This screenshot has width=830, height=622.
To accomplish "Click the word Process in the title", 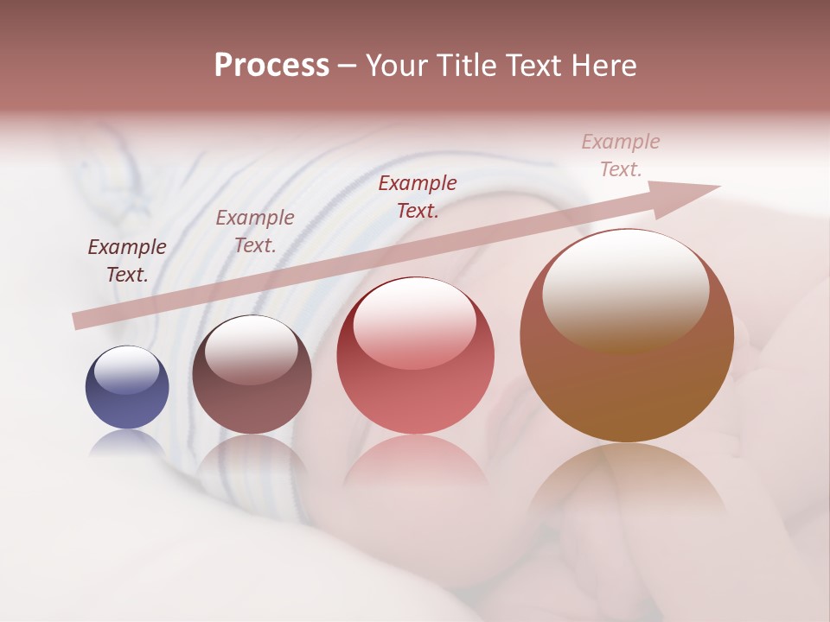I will click(271, 65).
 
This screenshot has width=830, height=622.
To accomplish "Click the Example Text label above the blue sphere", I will click(127, 260).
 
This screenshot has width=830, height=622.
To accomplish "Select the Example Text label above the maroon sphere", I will click(255, 231).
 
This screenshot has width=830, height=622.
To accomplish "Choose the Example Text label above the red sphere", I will click(418, 196).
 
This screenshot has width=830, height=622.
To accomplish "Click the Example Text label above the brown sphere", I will click(621, 155).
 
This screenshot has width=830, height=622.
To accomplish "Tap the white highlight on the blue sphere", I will click(126, 370).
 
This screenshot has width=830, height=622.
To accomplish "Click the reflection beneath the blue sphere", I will click(127, 442).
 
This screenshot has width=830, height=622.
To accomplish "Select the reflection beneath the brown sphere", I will click(626, 484).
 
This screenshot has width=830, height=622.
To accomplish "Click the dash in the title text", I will click(347, 67).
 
